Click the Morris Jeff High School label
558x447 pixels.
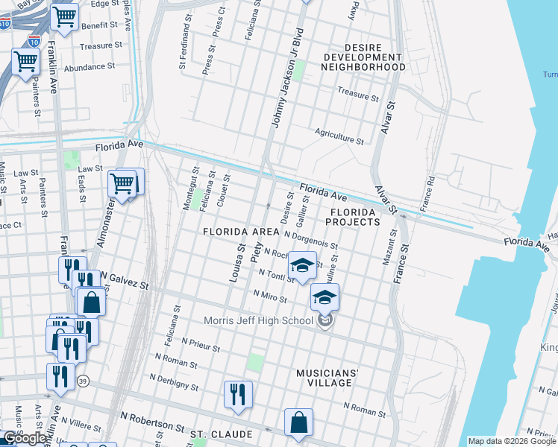(258, 321)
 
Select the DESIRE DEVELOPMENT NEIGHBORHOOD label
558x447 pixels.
(363, 57)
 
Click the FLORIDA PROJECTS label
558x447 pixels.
(351, 217)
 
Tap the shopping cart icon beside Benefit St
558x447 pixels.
(65, 16)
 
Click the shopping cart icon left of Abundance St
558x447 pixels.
(25, 63)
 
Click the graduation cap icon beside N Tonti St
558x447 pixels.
(301, 267)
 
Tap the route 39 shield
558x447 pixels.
(82, 380)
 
